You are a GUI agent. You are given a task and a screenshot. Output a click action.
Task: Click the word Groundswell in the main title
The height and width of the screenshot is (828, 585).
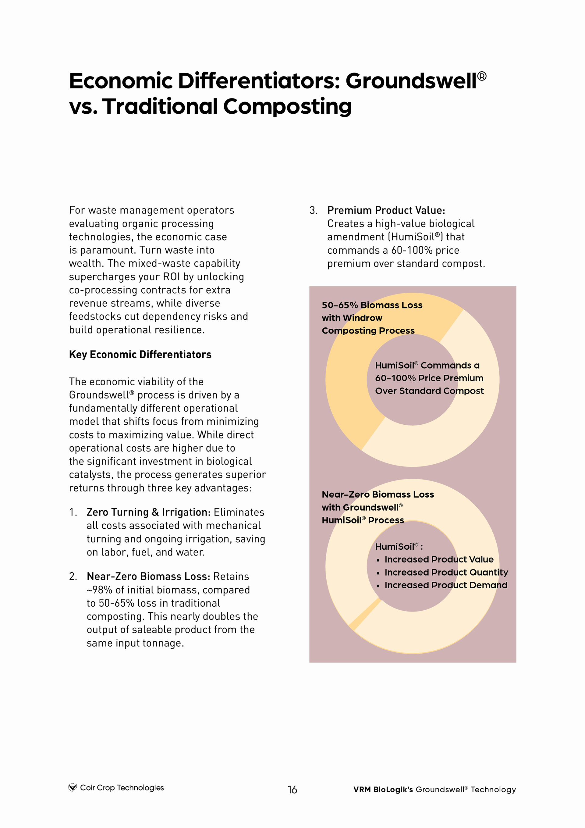(x=411, y=81)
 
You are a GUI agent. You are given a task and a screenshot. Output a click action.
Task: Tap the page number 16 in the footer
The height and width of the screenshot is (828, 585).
(x=292, y=790)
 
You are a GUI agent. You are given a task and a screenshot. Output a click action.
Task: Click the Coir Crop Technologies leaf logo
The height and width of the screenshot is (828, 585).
(x=73, y=787)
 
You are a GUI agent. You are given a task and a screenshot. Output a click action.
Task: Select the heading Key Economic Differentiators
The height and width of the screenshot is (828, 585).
(x=140, y=355)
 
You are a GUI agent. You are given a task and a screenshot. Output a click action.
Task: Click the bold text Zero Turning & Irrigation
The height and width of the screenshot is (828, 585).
(x=148, y=512)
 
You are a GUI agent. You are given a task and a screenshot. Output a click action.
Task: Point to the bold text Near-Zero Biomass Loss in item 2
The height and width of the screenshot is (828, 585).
(x=148, y=576)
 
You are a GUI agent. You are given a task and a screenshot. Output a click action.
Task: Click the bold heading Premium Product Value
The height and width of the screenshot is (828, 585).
(x=386, y=210)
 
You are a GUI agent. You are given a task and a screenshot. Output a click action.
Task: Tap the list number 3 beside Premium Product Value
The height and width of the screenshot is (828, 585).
(x=313, y=210)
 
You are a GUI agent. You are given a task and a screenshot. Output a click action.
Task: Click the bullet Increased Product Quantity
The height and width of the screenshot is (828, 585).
(x=446, y=572)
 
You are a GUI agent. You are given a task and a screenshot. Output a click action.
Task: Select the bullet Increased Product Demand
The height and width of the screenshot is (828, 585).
(x=445, y=585)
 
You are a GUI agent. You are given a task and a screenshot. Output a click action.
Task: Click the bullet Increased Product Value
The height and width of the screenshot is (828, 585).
(x=439, y=559)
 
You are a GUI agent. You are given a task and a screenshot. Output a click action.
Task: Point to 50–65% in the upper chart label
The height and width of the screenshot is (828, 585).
(x=339, y=305)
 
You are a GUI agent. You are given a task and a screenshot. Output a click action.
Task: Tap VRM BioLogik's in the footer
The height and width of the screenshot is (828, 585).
(x=383, y=789)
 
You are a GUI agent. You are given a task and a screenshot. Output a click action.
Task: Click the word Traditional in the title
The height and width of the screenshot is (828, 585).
(x=160, y=107)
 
